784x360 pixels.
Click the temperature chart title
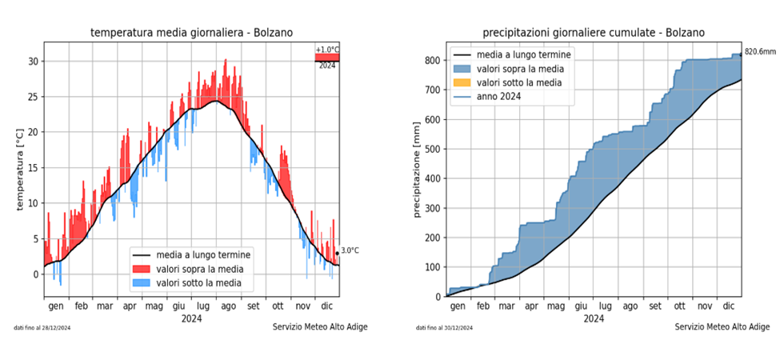coord(191,33)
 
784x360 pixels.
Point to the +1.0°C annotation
coord(327,50)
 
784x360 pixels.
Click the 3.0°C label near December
coord(350,250)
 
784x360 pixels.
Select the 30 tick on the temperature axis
coord(33,62)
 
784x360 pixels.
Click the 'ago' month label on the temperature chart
coord(228,306)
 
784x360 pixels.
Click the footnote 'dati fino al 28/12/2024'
coord(42,328)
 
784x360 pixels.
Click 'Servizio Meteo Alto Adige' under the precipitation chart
coord(722,327)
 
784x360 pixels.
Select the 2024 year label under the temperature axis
coord(191,318)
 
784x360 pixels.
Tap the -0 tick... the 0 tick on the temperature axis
coord(35,274)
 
